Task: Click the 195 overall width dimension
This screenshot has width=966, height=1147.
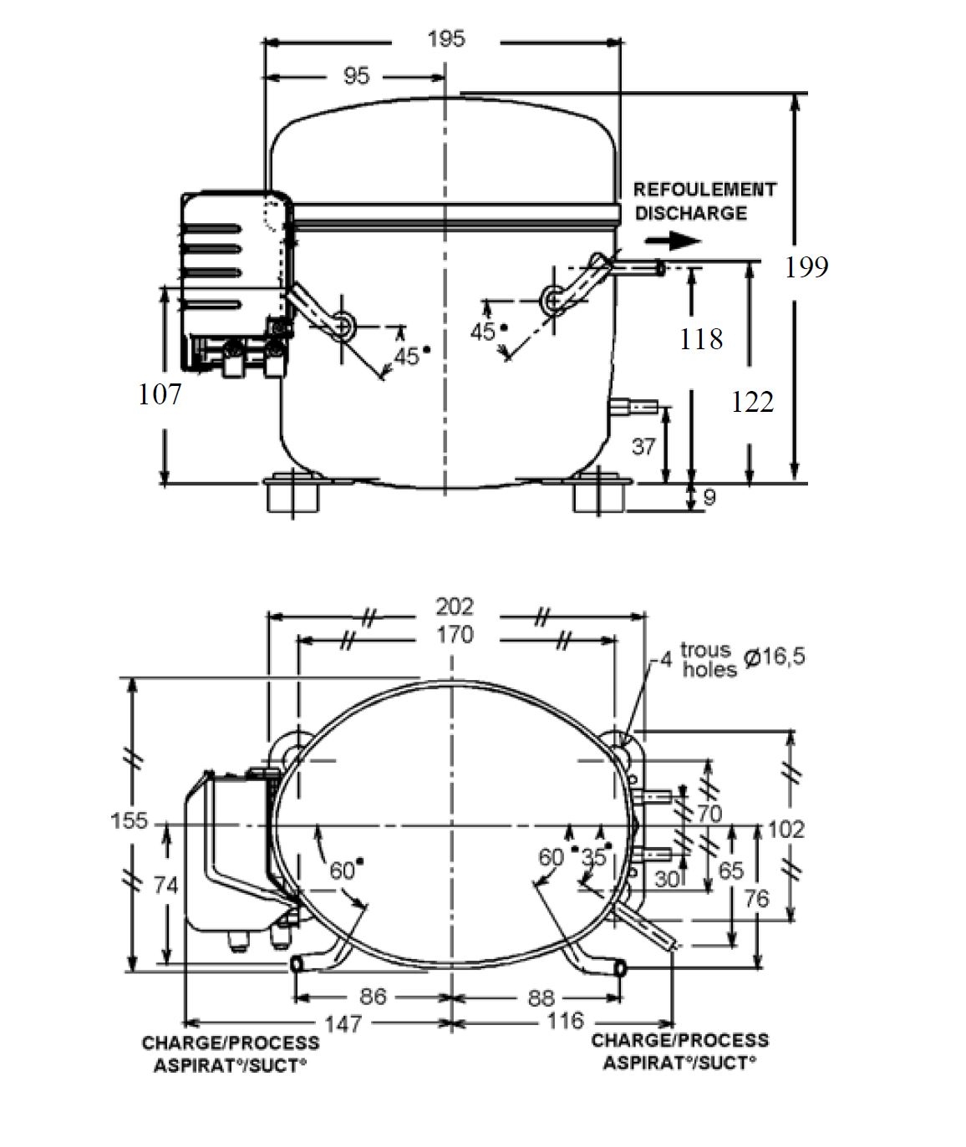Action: pos(446,39)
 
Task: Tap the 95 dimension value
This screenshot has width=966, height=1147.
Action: pos(357,76)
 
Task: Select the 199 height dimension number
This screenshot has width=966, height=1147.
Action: pos(806,267)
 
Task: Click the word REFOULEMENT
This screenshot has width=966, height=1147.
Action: pos(705,190)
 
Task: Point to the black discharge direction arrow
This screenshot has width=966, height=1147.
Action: pos(674,241)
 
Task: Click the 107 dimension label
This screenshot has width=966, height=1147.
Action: pos(160,395)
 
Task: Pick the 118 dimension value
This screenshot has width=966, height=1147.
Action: pos(701,339)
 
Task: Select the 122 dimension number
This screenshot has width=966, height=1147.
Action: pos(752,402)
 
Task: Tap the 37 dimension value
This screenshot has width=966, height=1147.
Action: pos(643,447)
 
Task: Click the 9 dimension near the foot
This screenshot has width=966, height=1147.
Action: pos(710,497)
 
